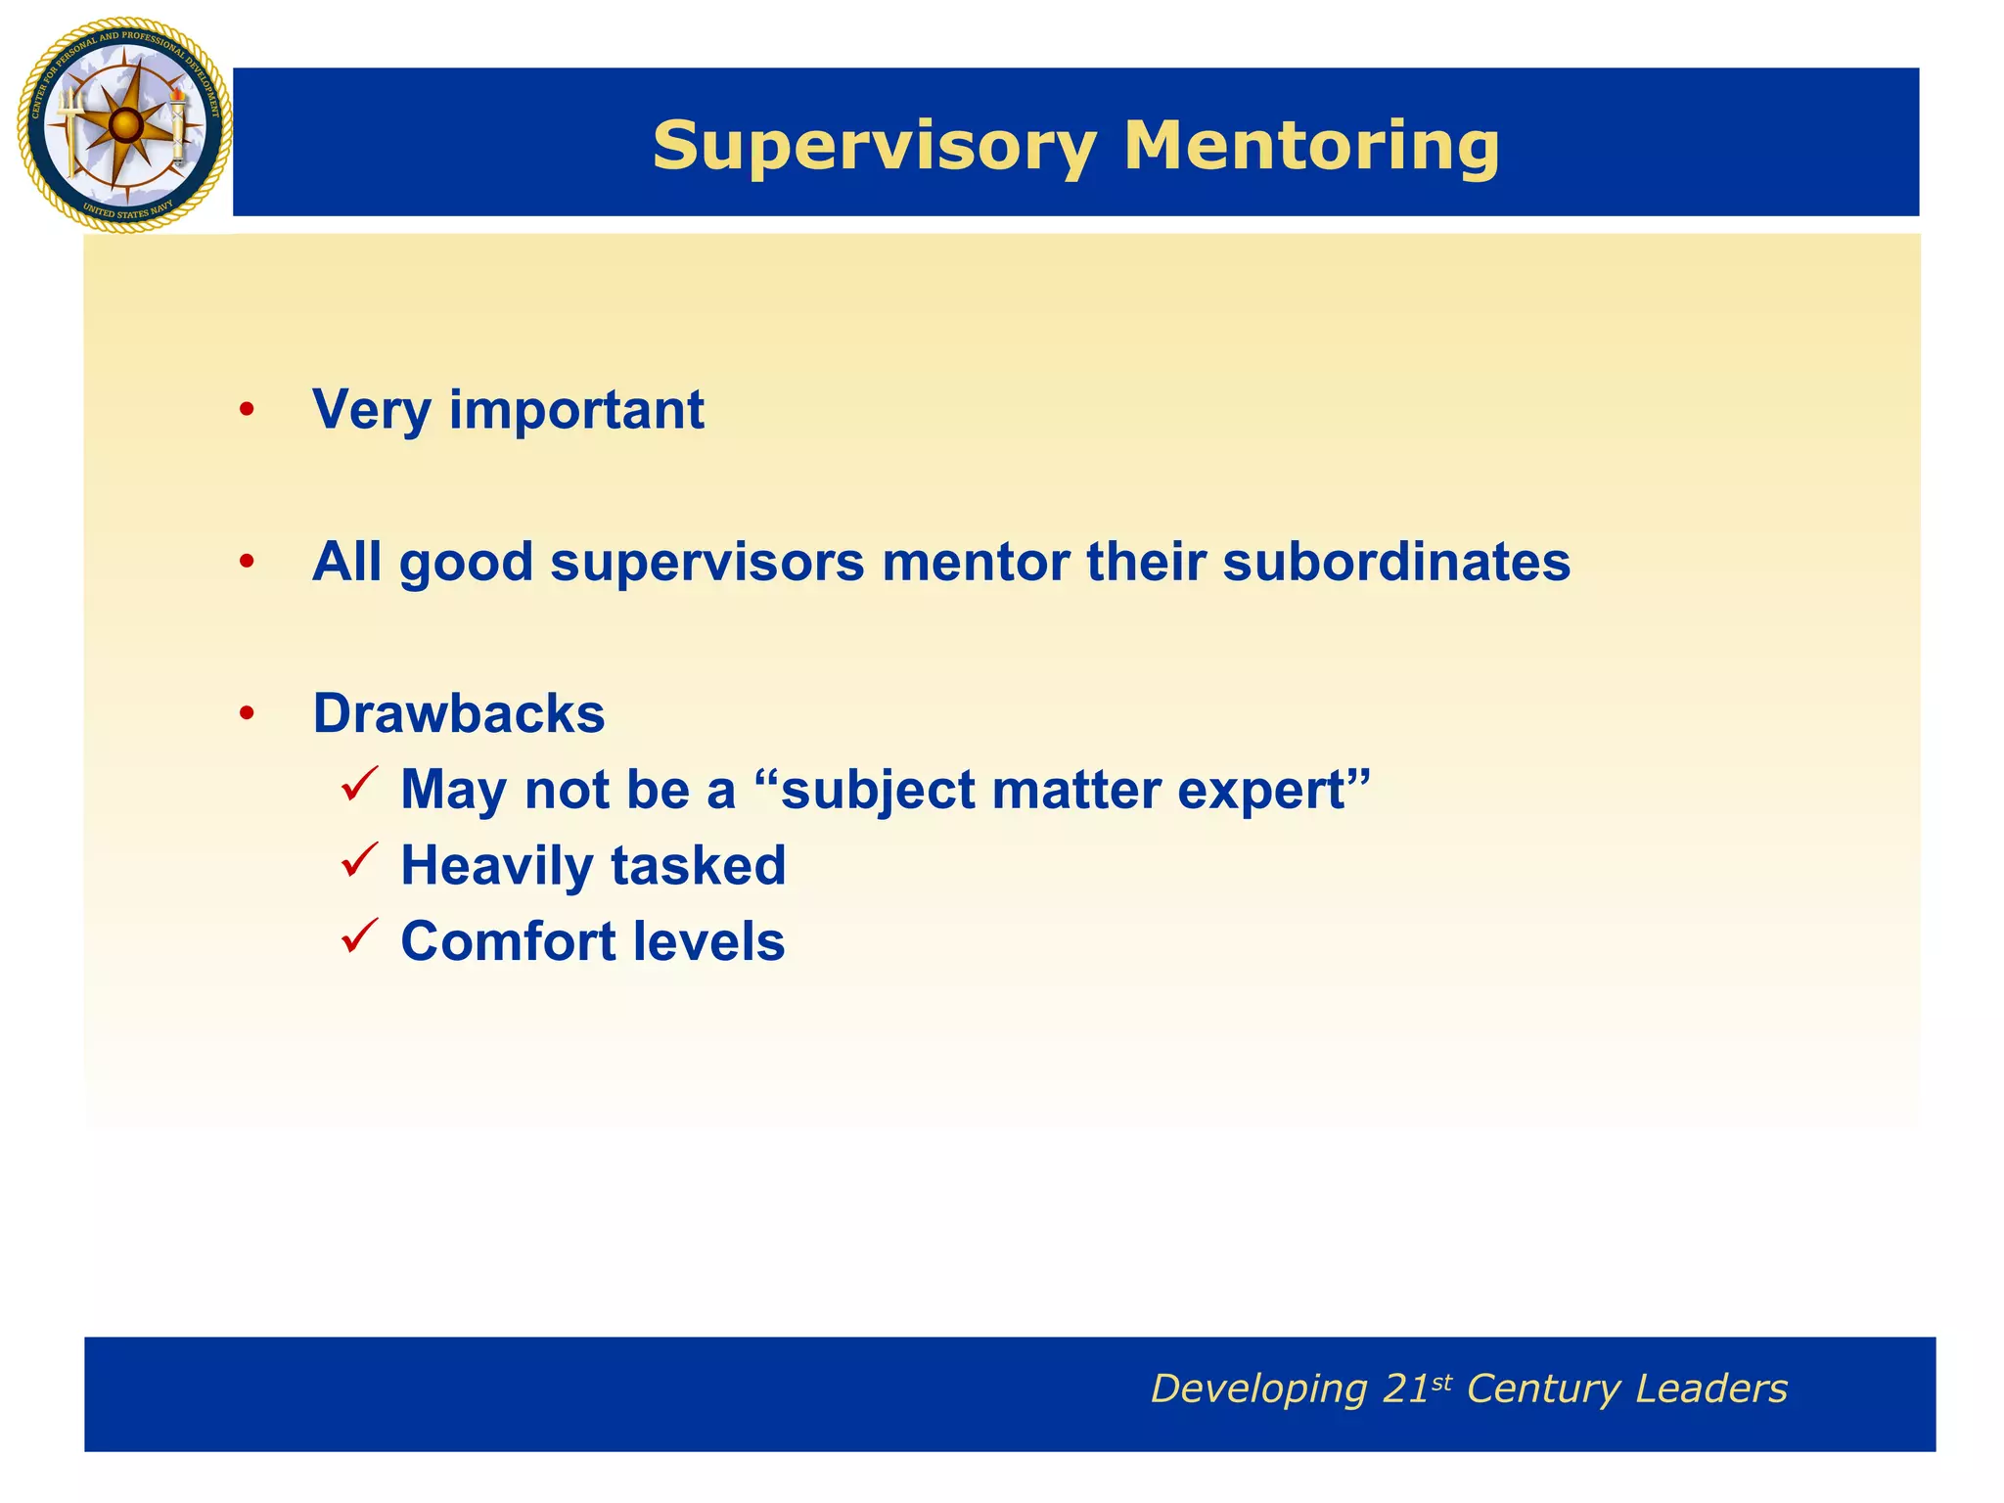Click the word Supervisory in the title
click(x=874, y=147)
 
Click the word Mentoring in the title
click(x=1310, y=147)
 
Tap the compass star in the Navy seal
click(x=124, y=125)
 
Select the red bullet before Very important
click(x=247, y=411)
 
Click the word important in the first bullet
click(x=576, y=410)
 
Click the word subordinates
click(x=1396, y=562)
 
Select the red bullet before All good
click(x=247, y=563)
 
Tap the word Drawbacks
click(x=458, y=713)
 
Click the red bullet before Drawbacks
click(x=247, y=714)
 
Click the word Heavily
click(x=497, y=866)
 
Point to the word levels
click(x=708, y=941)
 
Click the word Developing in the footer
click(x=1258, y=1389)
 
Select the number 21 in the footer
click(x=1406, y=1389)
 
